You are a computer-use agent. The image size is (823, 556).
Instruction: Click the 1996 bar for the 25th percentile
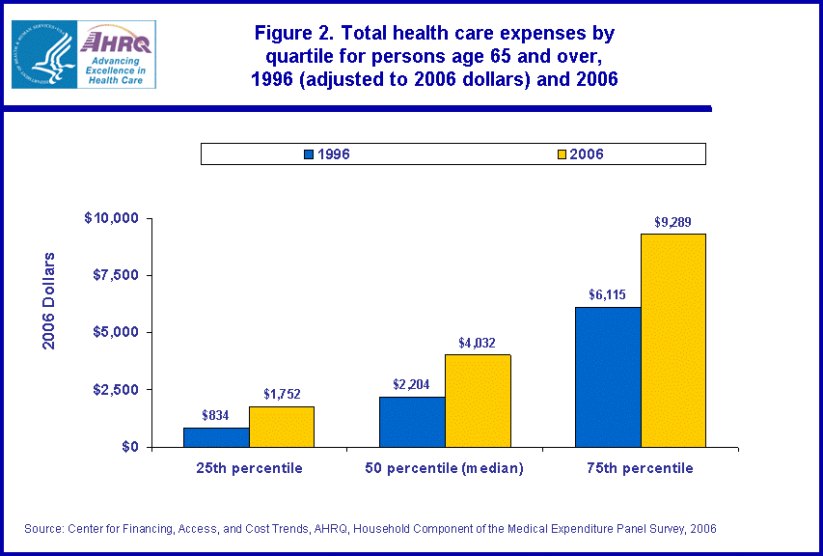[x=216, y=437]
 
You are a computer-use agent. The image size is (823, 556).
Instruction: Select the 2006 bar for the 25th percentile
[x=282, y=427]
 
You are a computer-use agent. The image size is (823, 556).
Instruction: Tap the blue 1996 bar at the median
[x=412, y=422]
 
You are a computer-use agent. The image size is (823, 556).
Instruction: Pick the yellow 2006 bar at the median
[x=478, y=401]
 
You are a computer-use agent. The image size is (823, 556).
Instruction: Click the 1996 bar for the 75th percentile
[x=608, y=377]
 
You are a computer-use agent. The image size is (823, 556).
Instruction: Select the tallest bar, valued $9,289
[x=673, y=341]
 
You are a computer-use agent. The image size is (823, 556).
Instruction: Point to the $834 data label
[x=216, y=415]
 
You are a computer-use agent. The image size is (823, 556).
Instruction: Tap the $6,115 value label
[x=608, y=295]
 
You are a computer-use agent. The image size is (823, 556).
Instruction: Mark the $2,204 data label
[x=412, y=384]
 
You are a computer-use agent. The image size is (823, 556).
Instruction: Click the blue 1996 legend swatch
[x=309, y=153]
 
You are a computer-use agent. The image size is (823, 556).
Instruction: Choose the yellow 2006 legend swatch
[x=563, y=153]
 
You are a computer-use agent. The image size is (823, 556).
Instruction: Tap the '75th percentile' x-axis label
[x=641, y=468]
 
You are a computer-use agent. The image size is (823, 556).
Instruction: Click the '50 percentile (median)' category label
[x=445, y=468]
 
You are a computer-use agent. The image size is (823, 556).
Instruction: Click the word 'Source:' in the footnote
[x=43, y=529]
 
